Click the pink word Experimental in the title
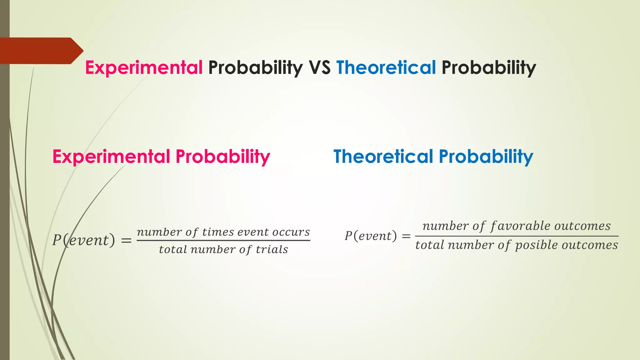point(144,67)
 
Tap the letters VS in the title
point(319,67)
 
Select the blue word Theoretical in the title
point(386,67)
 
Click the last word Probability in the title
point(488,67)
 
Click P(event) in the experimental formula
point(83,240)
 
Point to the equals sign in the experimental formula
point(126,241)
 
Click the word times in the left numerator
point(218,232)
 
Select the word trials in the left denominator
point(272,250)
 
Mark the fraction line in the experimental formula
point(223,241)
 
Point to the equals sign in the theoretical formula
point(406,236)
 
